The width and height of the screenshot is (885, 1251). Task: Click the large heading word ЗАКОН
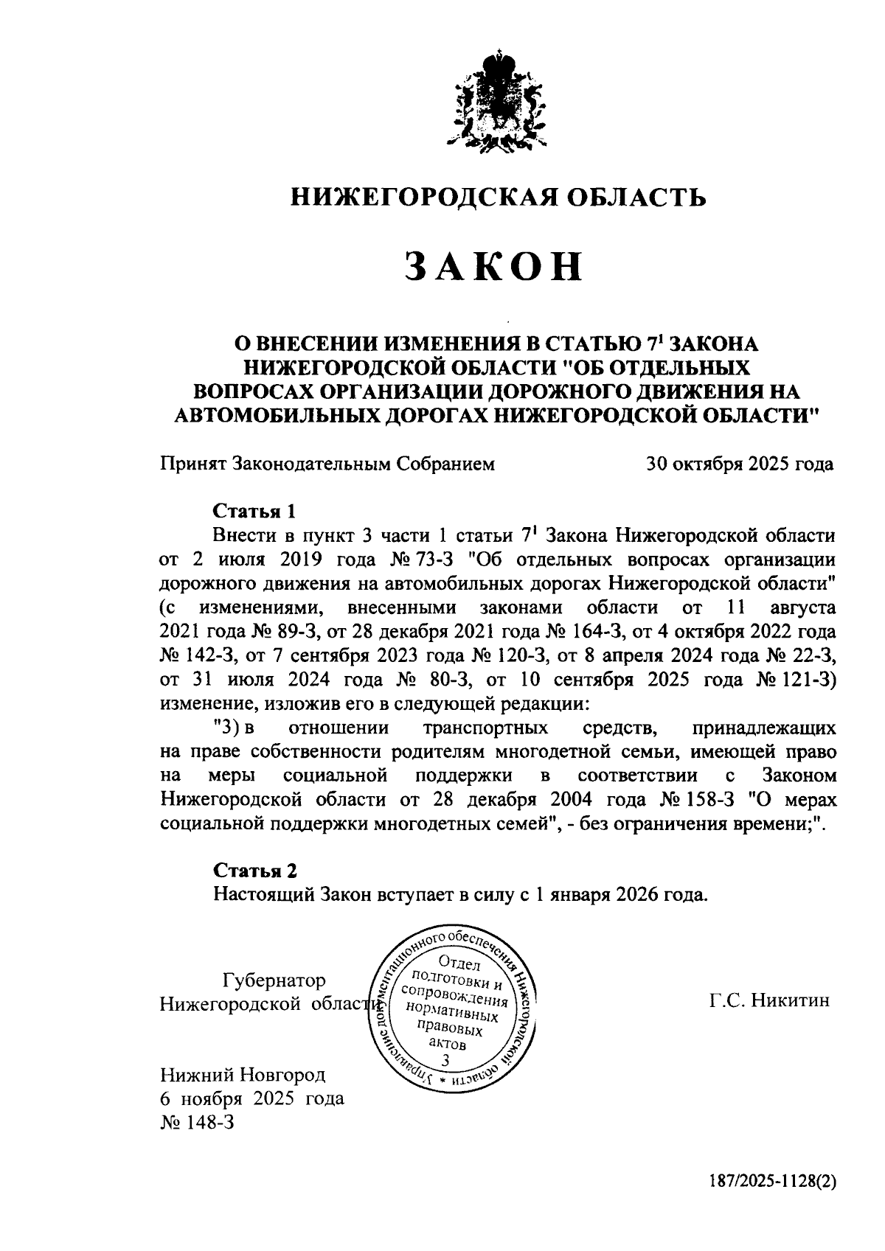click(x=493, y=267)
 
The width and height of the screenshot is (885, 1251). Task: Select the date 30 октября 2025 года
click(x=740, y=464)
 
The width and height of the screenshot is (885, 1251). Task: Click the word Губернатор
click(x=274, y=980)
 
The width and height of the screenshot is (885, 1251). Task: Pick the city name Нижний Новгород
click(x=243, y=1075)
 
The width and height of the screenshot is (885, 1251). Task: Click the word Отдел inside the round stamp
click(x=459, y=963)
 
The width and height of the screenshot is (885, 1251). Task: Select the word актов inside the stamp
click(x=447, y=1044)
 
